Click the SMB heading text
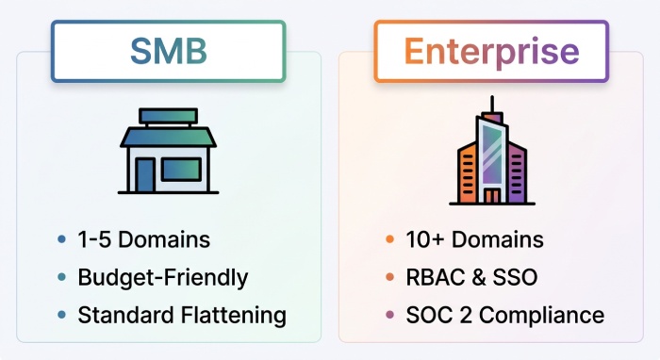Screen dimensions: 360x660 (x=169, y=52)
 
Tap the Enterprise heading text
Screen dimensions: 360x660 (x=490, y=52)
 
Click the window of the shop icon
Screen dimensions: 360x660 (x=181, y=169)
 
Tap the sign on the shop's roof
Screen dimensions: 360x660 (x=169, y=116)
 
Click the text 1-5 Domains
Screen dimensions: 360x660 (x=143, y=239)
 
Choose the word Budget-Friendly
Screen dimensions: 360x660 (x=163, y=278)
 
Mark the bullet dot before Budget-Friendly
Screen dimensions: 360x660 (x=62, y=278)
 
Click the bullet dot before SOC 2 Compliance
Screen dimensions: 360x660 (x=389, y=315)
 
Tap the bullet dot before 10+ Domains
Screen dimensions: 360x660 (x=389, y=239)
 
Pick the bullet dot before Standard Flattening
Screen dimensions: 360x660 (x=62, y=315)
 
